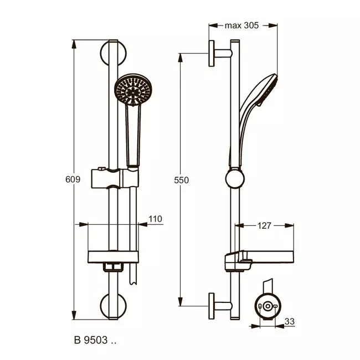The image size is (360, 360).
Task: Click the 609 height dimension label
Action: point(73,179)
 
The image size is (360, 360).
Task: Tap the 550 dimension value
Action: point(181,180)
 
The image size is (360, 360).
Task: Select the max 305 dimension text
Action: point(242,25)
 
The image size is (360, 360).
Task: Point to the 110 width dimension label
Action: point(156,219)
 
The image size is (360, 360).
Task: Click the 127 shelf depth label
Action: point(264,225)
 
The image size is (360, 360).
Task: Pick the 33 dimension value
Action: point(290,321)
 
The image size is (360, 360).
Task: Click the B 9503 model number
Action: point(95,340)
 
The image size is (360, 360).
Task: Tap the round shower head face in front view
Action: point(133,90)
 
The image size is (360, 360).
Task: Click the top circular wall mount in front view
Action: point(113,53)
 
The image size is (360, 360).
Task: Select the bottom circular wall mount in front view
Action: point(113,306)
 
